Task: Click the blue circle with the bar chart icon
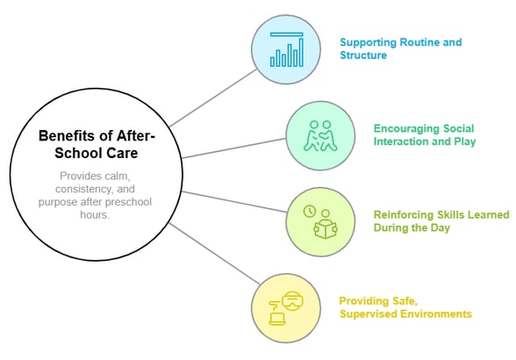(x=287, y=51)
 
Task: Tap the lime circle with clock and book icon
(x=321, y=222)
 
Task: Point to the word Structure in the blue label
(x=364, y=54)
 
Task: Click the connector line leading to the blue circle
(x=211, y=97)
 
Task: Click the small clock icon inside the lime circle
(x=309, y=212)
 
